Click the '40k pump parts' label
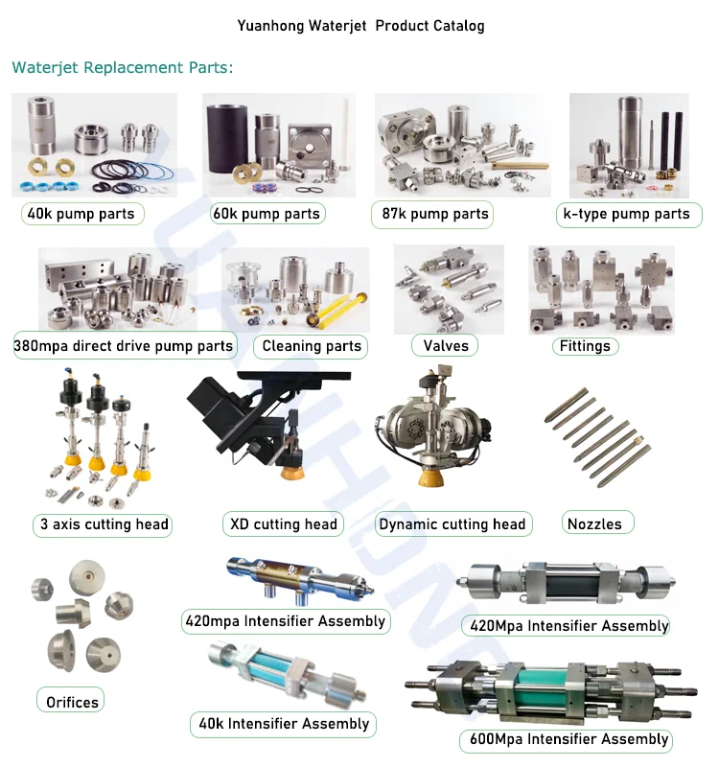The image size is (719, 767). point(82,213)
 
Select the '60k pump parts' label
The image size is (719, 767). point(267,213)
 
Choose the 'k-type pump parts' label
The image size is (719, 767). point(624,213)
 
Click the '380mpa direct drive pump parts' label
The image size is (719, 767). point(124,345)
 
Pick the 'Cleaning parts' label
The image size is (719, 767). point(312,345)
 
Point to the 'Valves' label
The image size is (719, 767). point(446,345)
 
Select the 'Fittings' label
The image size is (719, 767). point(584,345)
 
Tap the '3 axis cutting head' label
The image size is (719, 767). point(104,523)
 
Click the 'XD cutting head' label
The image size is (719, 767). point(284,523)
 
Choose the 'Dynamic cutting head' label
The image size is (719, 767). point(452,523)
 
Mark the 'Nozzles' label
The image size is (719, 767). point(594,523)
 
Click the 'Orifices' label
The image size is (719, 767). point(72,702)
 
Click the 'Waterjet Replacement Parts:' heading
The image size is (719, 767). point(123,68)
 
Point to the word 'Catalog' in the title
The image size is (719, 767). point(456,26)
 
